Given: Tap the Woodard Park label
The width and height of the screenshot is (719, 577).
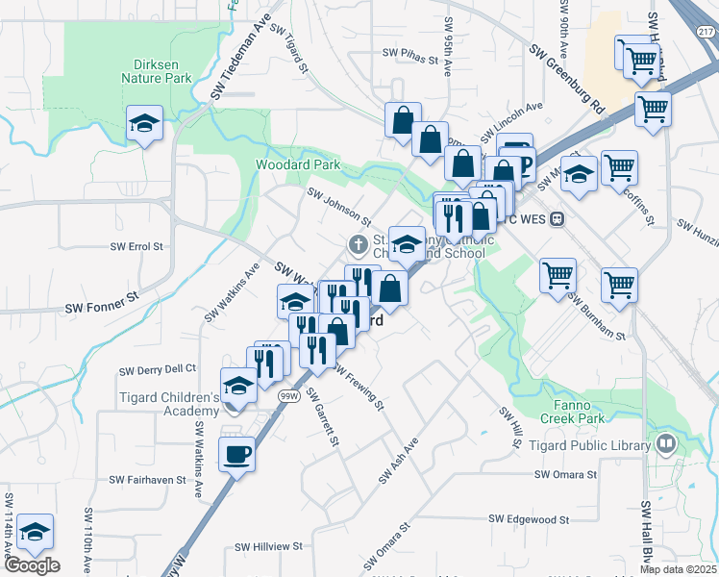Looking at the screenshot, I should (x=298, y=164).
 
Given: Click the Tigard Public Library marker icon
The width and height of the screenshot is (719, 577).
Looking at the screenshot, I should (x=665, y=443).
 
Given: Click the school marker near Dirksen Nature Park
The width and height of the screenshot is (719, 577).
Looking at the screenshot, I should (x=144, y=123).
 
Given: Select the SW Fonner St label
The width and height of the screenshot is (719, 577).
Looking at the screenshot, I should (x=102, y=309).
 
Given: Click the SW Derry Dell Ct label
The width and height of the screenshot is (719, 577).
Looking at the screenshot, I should (x=158, y=369).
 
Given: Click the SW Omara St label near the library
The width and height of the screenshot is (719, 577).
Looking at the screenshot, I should (x=566, y=474).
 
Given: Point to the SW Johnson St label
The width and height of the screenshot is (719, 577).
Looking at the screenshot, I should (x=338, y=205).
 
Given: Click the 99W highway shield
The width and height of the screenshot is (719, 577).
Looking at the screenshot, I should (x=286, y=395).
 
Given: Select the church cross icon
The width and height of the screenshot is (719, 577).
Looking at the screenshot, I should (x=359, y=242).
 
